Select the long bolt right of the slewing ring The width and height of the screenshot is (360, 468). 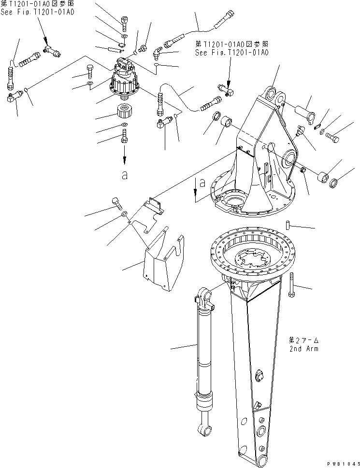pos(292,285)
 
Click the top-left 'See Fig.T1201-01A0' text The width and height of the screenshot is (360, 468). pos(39,12)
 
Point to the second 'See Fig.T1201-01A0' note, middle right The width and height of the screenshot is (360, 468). pos(232,53)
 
